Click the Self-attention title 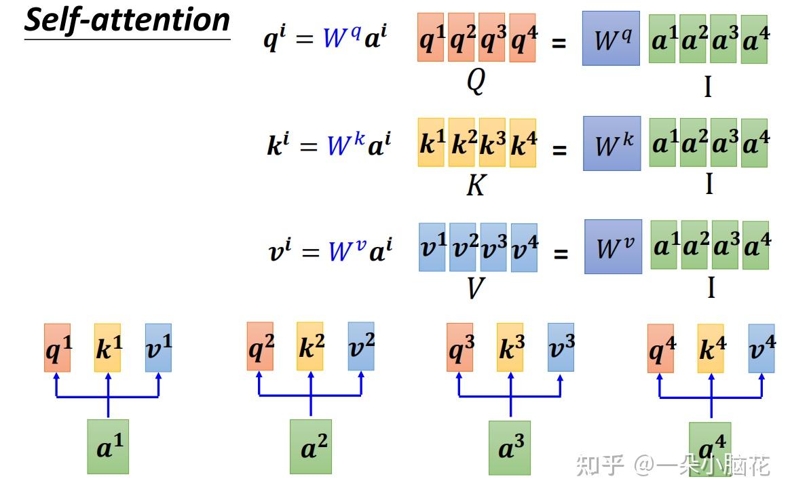click(127, 21)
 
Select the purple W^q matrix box click(611, 39)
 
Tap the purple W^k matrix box click(612, 143)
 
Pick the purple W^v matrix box click(613, 246)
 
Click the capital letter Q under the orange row click(476, 81)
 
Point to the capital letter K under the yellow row click(476, 185)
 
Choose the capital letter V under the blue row click(476, 288)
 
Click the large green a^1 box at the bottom click(108, 446)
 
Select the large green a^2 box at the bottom click(310, 446)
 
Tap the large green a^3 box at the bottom click(510, 447)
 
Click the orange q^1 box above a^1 click(58, 347)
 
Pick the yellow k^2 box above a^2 click(310, 347)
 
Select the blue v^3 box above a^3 click(561, 347)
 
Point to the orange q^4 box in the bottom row click(660, 349)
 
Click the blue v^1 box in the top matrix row click(432, 248)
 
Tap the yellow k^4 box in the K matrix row click(523, 143)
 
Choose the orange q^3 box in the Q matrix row click(491, 37)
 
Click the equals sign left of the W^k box click(559, 149)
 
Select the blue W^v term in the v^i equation click(347, 251)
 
